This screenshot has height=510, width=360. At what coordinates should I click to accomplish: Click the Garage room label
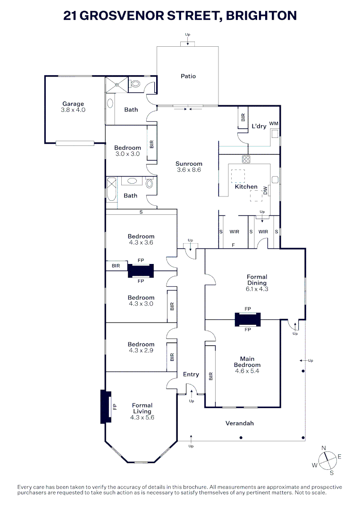pyautogui.click(x=73, y=104)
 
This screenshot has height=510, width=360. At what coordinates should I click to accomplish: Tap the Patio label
pyautogui.click(x=188, y=76)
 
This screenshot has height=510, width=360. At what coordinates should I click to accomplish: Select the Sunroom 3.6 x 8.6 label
pyautogui.click(x=189, y=167)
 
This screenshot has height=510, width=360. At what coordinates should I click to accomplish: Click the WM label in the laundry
pyautogui.click(x=274, y=124)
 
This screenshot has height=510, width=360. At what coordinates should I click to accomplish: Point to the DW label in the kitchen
pyautogui.click(x=265, y=190)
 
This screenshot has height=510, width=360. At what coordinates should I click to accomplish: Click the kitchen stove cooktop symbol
pyautogui.click(x=246, y=159)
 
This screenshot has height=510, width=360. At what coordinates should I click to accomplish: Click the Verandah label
pyautogui.click(x=240, y=423)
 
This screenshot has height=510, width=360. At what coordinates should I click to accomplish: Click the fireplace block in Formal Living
pyautogui.click(x=105, y=407)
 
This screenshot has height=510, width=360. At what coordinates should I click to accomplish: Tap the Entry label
pyautogui.click(x=191, y=374)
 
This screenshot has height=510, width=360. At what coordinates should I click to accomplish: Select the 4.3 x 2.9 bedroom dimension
pyautogui.click(x=141, y=350)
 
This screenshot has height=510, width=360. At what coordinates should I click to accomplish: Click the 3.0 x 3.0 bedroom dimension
pyautogui.click(x=127, y=154)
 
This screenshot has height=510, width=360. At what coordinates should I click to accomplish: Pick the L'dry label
pyautogui.click(x=259, y=126)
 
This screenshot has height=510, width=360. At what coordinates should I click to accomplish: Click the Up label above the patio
pyautogui.click(x=188, y=35)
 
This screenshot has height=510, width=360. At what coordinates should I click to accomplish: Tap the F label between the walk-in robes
pyautogui.click(x=233, y=245)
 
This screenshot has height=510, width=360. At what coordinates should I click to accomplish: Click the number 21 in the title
pyautogui.click(x=70, y=16)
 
